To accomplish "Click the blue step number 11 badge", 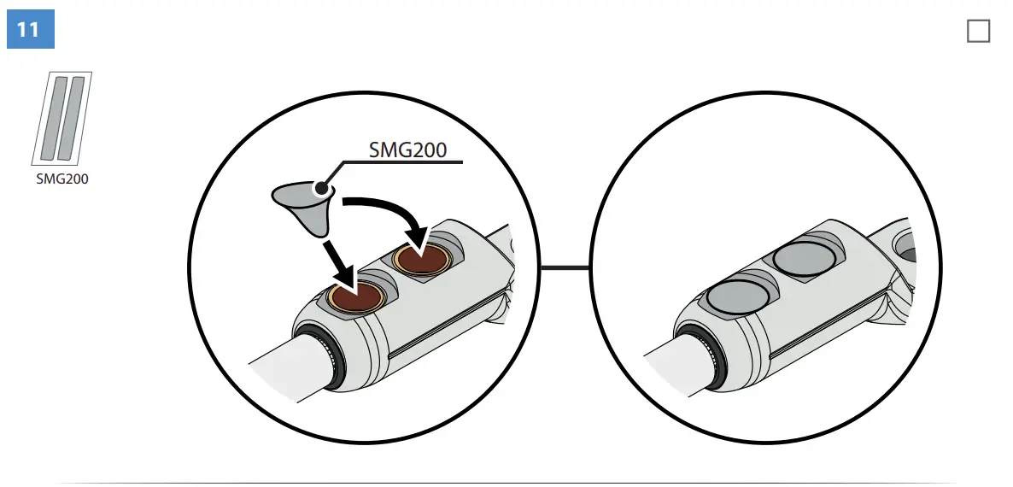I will click(30, 30).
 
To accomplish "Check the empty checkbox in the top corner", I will click(978, 32).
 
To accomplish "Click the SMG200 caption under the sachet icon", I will click(61, 179).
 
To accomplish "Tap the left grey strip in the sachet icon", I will click(55, 118).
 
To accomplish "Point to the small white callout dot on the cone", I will click(321, 187).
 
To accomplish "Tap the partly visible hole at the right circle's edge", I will click(907, 251).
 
